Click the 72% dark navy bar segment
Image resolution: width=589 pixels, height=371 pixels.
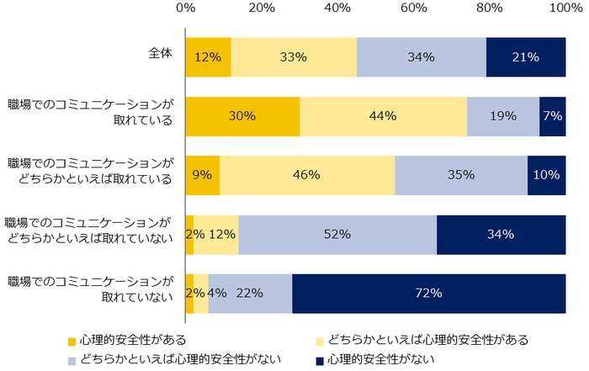coord(429,294)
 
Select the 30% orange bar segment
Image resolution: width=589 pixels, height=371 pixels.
coord(242,116)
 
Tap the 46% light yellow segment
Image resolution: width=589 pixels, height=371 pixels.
coord(307,175)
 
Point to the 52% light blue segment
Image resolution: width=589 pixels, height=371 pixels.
coord(337,234)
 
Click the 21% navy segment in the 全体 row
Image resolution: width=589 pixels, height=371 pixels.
coord(526,57)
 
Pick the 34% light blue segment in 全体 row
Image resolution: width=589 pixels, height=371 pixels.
coord(422,57)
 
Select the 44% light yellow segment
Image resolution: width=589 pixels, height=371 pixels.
coord(383,116)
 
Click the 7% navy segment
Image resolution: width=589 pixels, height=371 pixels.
coord(553,116)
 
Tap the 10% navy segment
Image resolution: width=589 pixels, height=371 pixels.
coord(547,175)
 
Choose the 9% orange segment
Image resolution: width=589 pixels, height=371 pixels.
coord(203,175)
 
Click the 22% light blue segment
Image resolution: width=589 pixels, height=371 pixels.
coord(250,294)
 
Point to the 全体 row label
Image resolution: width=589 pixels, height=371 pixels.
coord(160,52)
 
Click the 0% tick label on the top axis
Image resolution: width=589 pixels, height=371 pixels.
coord(186,8)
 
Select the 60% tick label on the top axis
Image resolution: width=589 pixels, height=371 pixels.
coord(413,8)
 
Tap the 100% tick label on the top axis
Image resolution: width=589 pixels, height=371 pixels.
coord(563,8)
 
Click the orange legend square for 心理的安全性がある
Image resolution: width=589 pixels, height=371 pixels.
coord(72,341)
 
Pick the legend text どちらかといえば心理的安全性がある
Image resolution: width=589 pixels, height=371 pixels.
coord(430,340)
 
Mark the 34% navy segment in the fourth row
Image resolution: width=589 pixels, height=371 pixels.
coord(501,234)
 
